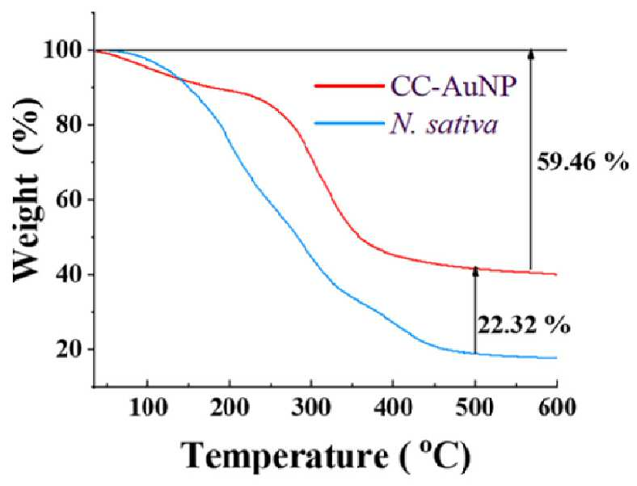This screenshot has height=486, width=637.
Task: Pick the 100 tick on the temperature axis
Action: pos(148,407)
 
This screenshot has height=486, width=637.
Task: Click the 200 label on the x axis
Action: pos(230,407)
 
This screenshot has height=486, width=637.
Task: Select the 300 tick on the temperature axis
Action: pos(311,407)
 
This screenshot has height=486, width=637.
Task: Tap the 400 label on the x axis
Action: pos(393,407)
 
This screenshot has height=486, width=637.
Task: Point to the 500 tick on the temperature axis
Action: pos(475,407)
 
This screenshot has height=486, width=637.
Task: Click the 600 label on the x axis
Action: pos(557,407)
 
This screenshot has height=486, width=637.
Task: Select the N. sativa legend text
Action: pos(444,125)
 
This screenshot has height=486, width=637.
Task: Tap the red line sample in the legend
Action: pos(350,86)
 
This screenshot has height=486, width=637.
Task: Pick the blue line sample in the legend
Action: pos(350,123)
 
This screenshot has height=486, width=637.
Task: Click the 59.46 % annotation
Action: pos(583,163)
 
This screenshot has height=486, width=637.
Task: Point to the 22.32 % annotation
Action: pos(524,325)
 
